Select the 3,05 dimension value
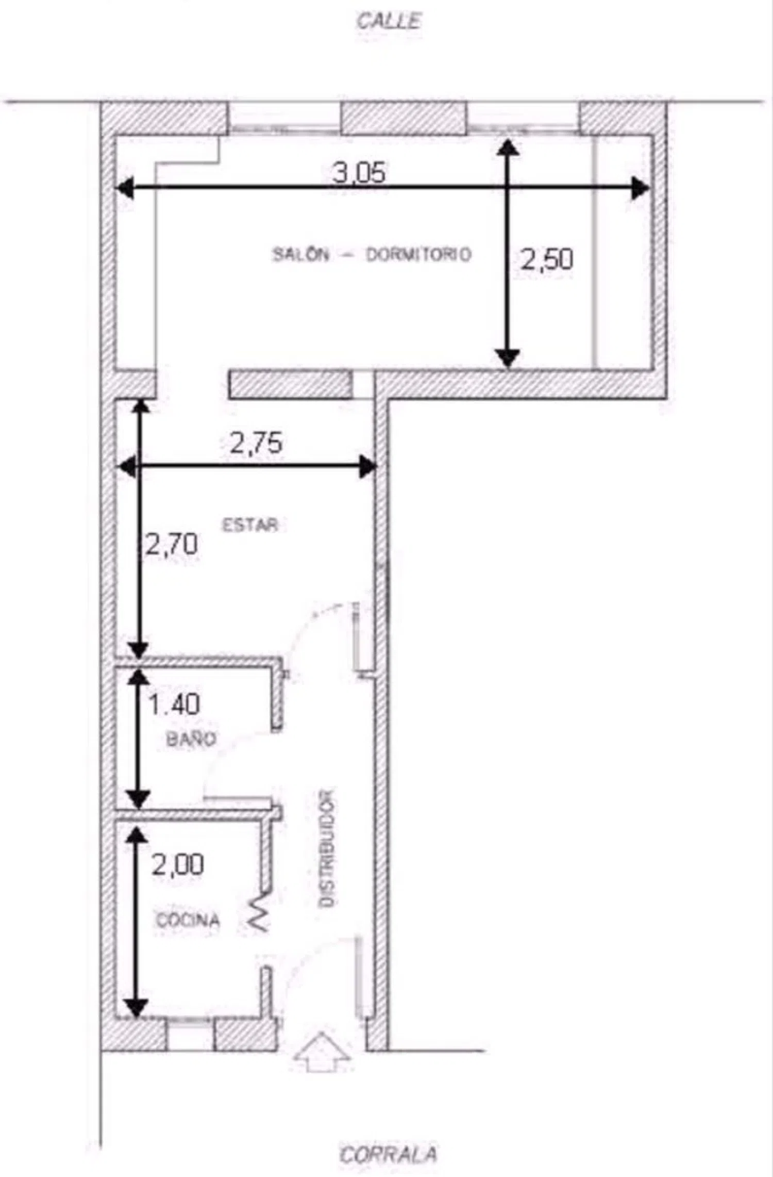(x=359, y=172)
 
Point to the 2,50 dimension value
(x=547, y=259)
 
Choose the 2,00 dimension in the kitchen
(x=178, y=864)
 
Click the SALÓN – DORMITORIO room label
(x=372, y=254)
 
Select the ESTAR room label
(x=250, y=525)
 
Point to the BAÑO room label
(x=191, y=739)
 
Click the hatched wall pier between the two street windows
(x=405, y=118)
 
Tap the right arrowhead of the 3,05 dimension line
(x=641, y=188)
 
